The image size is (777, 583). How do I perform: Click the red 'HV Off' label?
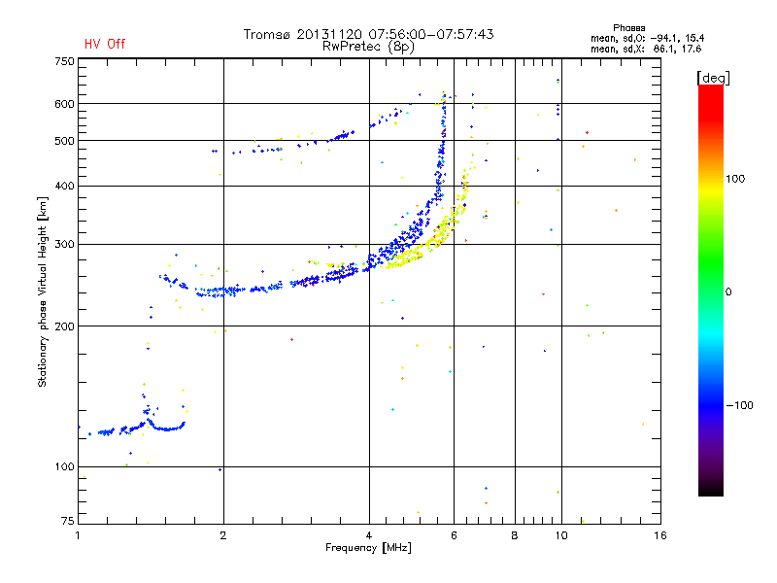coord(104,44)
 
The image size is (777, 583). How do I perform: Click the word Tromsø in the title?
coord(268,34)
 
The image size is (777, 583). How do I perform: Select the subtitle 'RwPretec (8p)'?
coord(368,46)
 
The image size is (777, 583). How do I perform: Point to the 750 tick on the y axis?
coord(63,61)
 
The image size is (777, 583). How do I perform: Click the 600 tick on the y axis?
coord(63,104)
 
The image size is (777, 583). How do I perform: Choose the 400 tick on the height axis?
coord(63,186)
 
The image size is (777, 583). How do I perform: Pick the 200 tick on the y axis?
coord(63,326)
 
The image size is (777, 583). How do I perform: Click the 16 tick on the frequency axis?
coord(659,535)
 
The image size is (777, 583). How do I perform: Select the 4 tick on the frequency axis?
coord(369,535)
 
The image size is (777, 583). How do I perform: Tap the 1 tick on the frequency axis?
coord(78,535)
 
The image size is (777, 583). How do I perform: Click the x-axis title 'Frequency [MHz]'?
coord(368,549)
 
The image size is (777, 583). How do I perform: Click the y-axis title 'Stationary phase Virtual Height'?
coord(43,291)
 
